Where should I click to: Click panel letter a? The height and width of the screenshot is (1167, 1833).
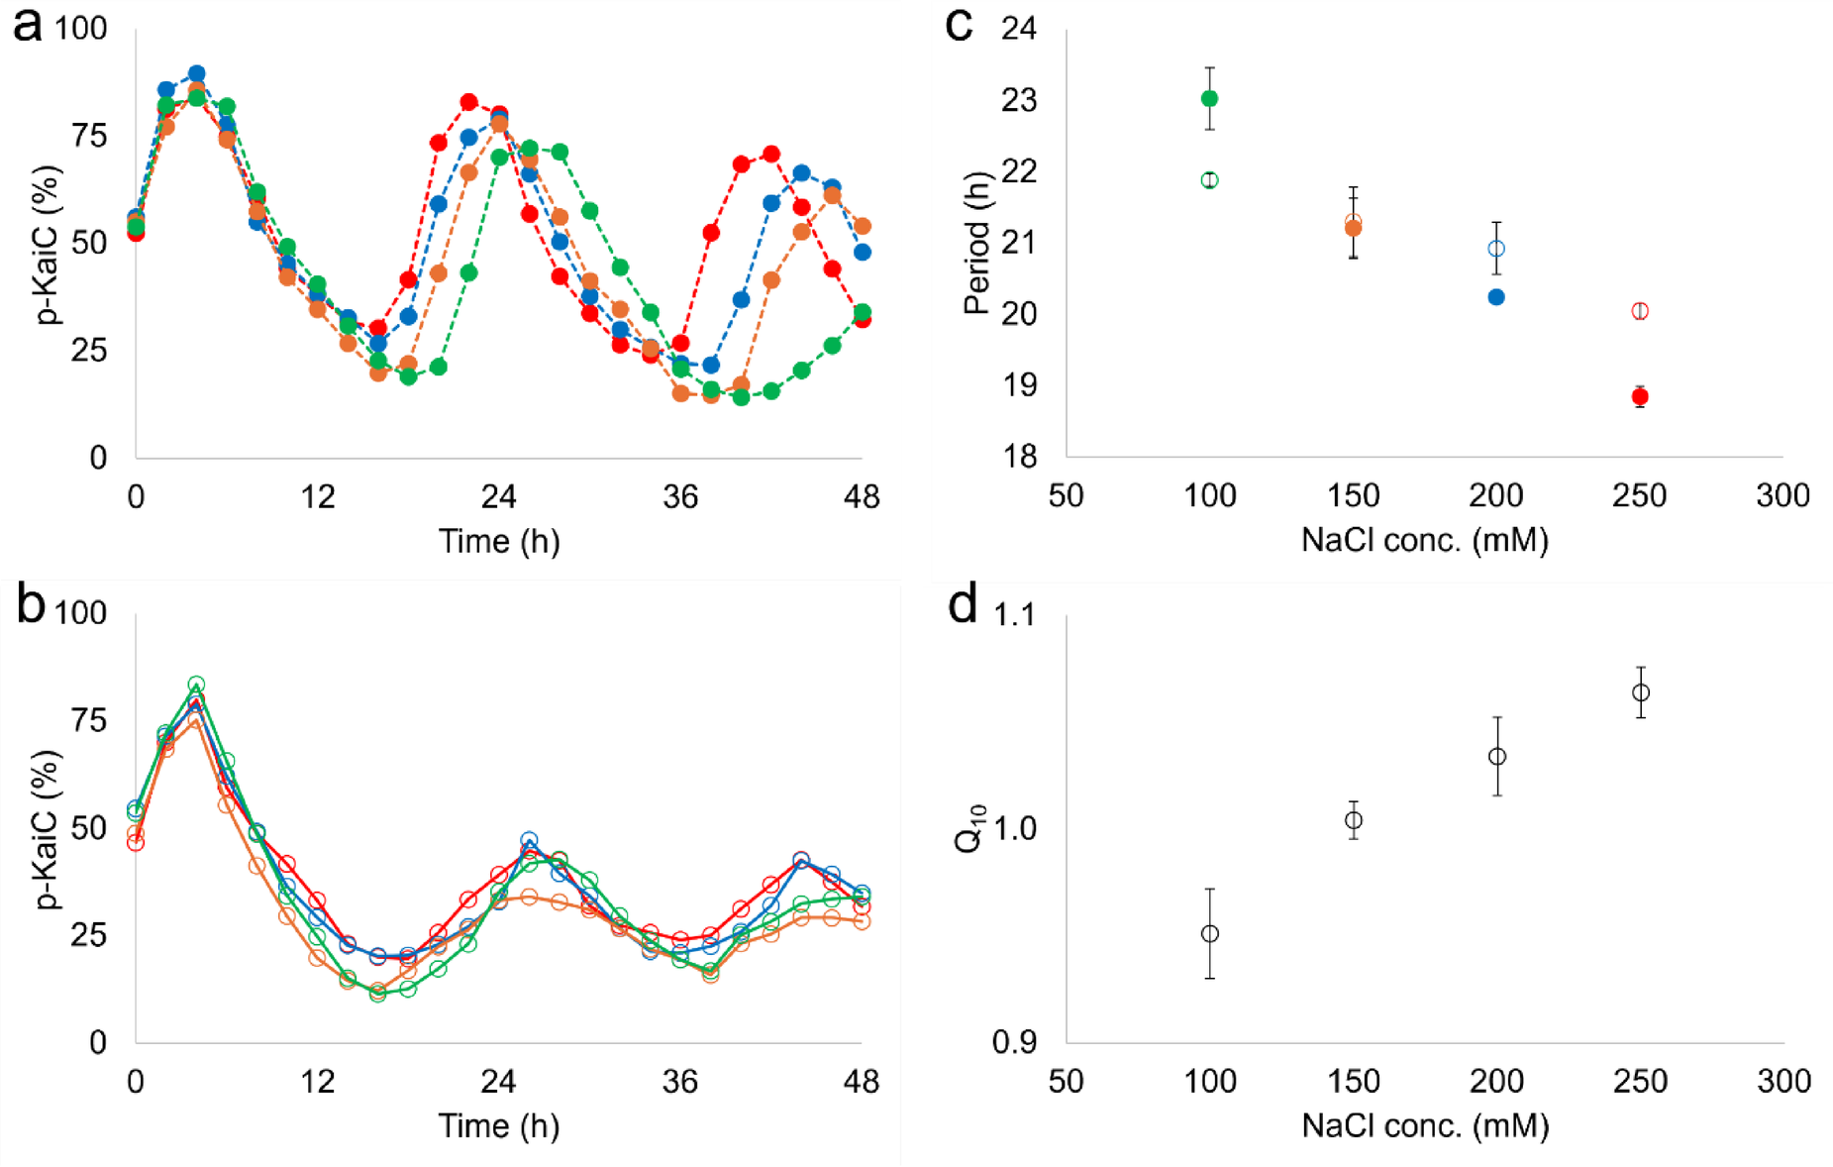click(x=27, y=24)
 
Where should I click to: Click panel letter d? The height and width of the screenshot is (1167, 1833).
click(x=963, y=604)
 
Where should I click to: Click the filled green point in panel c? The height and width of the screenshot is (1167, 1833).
click(x=1209, y=98)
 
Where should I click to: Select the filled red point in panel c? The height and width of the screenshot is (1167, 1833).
click(x=1640, y=397)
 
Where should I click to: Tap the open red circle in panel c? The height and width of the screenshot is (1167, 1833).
click(x=1640, y=311)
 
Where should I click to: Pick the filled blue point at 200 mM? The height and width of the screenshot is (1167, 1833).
click(x=1496, y=297)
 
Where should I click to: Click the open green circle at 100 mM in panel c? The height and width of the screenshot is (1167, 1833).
click(x=1209, y=180)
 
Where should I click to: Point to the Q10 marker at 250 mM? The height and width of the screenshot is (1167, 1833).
click(x=1641, y=692)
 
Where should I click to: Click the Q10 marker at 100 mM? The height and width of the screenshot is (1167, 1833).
click(x=1209, y=933)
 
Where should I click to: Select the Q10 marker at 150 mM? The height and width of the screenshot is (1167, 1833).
click(x=1354, y=820)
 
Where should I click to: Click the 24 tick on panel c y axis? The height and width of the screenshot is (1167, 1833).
click(x=1019, y=28)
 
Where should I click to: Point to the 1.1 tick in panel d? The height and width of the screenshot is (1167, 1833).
click(x=1014, y=615)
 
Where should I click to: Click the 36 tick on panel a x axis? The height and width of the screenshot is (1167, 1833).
click(x=680, y=496)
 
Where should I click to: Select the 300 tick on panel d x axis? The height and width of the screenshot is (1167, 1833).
click(x=1783, y=1081)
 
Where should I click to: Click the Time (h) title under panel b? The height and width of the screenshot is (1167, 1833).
click(x=499, y=1126)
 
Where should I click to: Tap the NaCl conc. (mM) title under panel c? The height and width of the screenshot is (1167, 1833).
click(x=1424, y=541)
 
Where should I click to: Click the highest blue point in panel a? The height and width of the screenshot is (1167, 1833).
click(x=196, y=73)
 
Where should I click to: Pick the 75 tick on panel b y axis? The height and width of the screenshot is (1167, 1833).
click(x=89, y=720)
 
